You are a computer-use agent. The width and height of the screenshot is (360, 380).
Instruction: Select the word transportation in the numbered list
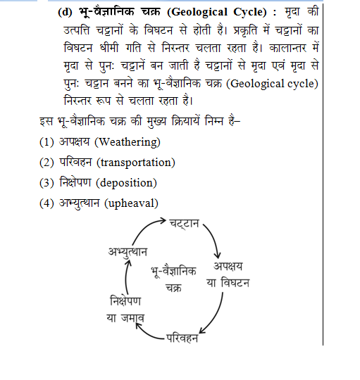[137, 163]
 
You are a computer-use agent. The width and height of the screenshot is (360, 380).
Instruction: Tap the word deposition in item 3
[128, 183]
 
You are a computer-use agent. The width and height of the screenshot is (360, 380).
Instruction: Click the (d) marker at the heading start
[64, 12]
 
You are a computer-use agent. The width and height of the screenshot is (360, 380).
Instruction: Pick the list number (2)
[47, 163]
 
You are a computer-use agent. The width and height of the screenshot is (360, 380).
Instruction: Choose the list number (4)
[47, 203]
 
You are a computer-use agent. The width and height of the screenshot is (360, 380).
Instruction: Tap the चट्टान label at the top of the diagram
[185, 224]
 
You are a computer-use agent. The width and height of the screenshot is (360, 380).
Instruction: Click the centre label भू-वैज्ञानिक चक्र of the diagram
[174, 279]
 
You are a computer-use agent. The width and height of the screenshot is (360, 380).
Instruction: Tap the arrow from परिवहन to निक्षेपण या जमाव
[151, 334]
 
